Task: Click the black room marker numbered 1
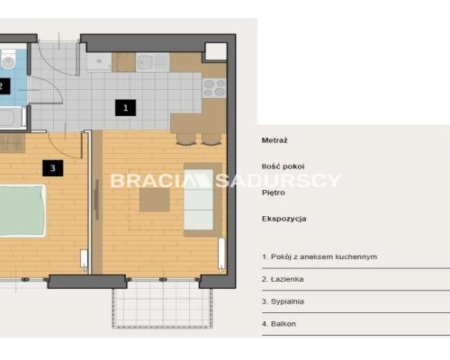125,108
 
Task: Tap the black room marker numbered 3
53,168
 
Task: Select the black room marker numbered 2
4,86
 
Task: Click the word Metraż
274,140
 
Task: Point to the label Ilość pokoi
283,166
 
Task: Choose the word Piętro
274,193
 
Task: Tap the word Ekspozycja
284,219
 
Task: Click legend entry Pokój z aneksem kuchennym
319,256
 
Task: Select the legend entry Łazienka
283,279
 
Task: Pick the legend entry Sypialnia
283,301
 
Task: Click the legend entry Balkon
279,324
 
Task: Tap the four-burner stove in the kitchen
214,88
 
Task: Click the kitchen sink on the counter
153,63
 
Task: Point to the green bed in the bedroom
22,211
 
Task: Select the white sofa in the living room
199,200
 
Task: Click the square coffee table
155,200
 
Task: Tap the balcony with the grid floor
162,304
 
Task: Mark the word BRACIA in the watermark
148,181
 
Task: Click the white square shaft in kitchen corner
216,51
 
